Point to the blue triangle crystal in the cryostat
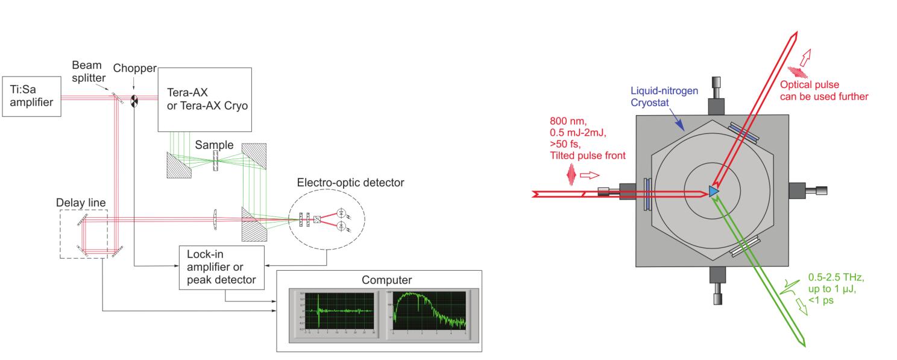pyautogui.click(x=714, y=191)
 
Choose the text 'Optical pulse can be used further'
pyautogui.click(x=824, y=90)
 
